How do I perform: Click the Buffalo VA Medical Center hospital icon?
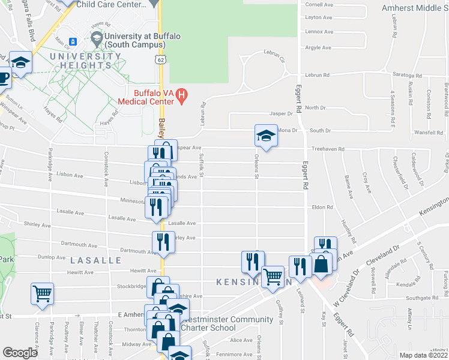click(x=184, y=94)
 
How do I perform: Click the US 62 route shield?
click(x=159, y=60)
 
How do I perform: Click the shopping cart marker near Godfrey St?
click(x=273, y=277)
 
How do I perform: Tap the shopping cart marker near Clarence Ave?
click(x=43, y=293)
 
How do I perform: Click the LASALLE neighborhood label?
click(x=96, y=260)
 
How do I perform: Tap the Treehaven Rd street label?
click(x=328, y=149)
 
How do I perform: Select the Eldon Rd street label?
click(x=322, y=208)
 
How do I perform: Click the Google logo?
click(x=20, y=353)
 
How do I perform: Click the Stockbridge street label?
click(x=131, y=287)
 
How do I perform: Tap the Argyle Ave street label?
click(x=319, y=47)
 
